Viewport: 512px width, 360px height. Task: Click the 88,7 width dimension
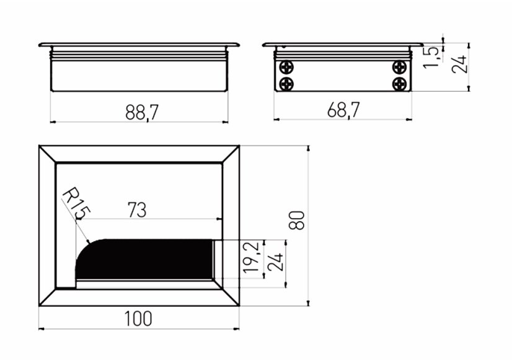[x=142, y=112]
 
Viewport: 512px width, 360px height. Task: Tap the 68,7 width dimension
[x=343, y=110]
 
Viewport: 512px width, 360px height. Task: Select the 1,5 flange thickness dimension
[x=431, y=58]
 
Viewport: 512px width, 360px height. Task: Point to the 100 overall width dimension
[x=138, y=318]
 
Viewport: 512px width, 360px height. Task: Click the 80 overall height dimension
[x=297, y=221]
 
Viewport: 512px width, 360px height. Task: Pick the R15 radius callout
[x=76, y=203]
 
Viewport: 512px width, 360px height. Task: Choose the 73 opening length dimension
[x=137, y=209]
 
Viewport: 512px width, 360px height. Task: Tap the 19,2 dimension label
[x=252, y=257]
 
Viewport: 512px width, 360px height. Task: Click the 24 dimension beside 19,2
[x=275, y=261]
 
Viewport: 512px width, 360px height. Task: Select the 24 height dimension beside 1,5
[x=459, y=64]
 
